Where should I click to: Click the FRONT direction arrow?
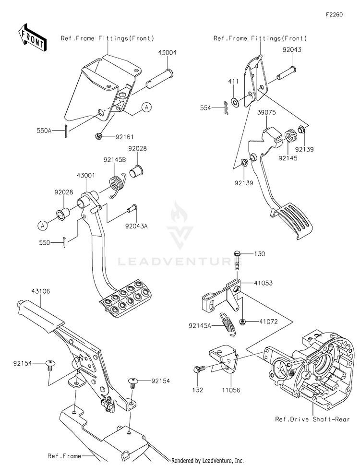33,37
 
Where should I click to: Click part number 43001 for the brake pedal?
84,176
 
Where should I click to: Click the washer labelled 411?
236,102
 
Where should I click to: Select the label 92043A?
136,226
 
